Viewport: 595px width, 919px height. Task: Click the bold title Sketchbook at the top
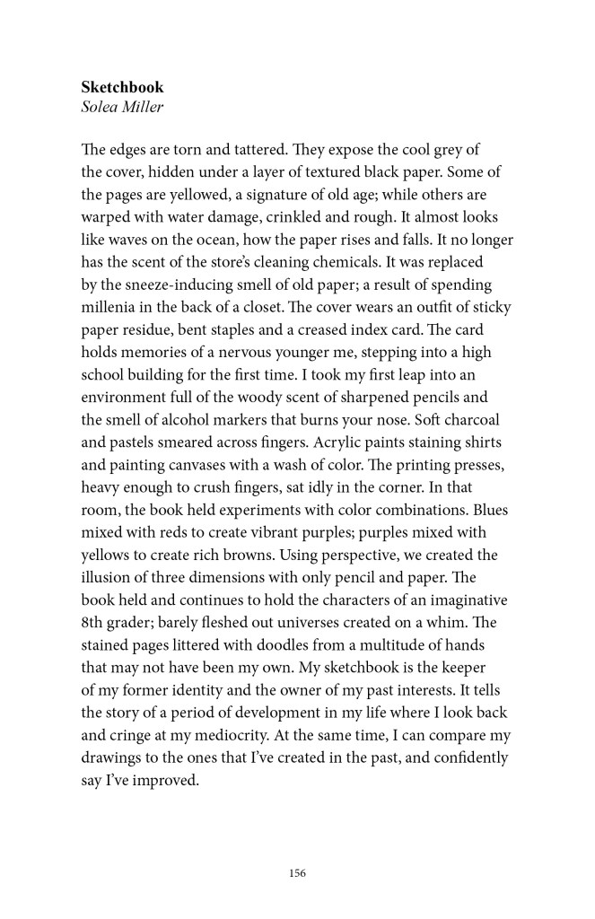pos(122,88)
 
